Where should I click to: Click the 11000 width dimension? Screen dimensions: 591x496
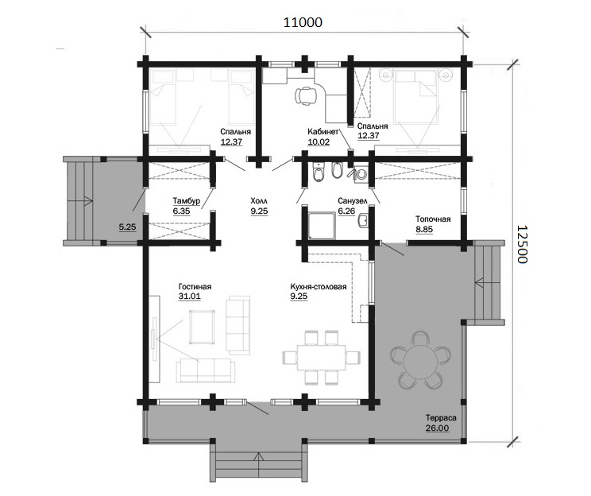click(303, 22)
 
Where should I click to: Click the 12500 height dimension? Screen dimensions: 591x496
click(521, 244)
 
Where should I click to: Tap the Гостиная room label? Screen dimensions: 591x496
click(195, 286)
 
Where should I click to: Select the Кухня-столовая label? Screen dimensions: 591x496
click(319, 287)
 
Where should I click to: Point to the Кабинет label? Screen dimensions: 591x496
click(323, 132)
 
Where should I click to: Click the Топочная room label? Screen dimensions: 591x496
click(433, 219)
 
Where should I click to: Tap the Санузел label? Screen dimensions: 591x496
click(353, 201)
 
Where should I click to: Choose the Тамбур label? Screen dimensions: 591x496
click(187, 200)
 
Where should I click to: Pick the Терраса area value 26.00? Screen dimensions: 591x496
click(438, 428)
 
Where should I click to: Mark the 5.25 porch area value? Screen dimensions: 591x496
click(127, 227)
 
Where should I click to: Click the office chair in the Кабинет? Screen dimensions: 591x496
click(306, 95)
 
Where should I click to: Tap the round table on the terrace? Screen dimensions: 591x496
click(420, 360)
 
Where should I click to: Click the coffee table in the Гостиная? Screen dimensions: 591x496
click(203, 327)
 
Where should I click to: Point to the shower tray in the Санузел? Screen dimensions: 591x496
click(322, 225)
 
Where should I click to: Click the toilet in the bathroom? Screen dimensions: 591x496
click(319, 172)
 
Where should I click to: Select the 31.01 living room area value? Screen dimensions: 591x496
click(190, 296)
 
